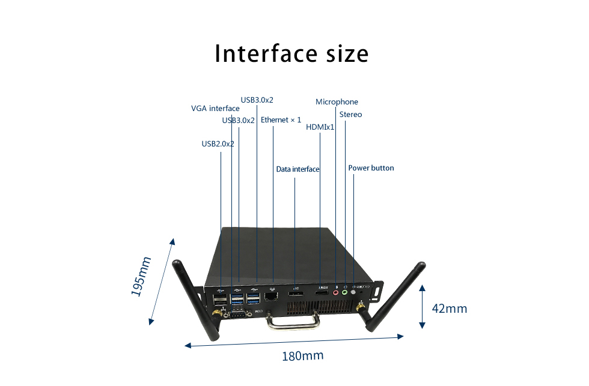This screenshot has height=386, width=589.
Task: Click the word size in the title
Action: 347,53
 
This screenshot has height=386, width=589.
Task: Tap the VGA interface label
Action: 215,109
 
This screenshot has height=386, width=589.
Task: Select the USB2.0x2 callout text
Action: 218,143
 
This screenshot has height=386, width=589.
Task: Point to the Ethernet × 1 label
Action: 281,119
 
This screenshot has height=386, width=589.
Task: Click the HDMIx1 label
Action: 320,127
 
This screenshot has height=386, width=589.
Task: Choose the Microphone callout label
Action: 337,101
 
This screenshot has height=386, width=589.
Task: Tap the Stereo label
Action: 350,115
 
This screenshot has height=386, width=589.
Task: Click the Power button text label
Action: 371,168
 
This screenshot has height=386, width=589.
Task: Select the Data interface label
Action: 298,169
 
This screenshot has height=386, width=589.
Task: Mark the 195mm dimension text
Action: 141,277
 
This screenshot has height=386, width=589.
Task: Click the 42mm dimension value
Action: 450,309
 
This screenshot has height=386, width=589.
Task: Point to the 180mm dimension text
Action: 303,355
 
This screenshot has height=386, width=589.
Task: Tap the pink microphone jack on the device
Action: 336,292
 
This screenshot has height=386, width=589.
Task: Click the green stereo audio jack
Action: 344,292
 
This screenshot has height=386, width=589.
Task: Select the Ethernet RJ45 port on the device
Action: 271,297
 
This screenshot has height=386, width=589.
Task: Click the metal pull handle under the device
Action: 293,322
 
